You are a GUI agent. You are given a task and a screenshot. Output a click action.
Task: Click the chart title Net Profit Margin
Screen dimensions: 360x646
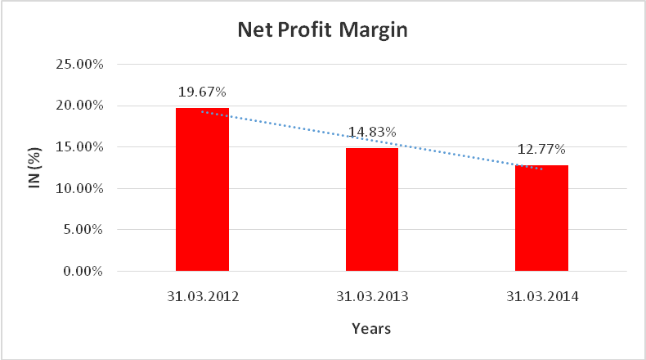pyautogui.click(x=322, y=31)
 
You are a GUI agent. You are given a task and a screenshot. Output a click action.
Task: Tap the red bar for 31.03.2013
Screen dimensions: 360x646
pyautogui.click(x=371, y=209)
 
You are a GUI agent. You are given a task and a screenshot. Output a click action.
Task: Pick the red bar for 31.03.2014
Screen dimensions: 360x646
pyautogui.click(x=541, y=218)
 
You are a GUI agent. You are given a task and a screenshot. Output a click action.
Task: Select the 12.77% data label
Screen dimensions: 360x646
pyautogui.click(x=541, y=150)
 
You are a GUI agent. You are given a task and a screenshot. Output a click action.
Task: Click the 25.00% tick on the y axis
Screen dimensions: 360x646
pyautogui.click(x=79, y=64)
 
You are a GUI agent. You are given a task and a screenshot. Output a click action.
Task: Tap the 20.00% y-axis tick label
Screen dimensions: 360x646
pyautogui.click(x=79, y=106)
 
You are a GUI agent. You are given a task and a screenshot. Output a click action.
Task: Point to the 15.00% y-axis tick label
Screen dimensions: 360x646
pyautogui.click(x=79, y=147)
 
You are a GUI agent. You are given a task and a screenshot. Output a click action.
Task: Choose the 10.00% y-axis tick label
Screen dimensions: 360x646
pyautogui.click(x=79, y=189)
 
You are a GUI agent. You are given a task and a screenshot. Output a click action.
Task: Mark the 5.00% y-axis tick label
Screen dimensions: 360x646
pyautogui.click(x=82, y=230)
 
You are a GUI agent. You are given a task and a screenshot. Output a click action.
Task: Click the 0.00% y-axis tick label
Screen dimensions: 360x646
pyautogui.click(x=82, y=272)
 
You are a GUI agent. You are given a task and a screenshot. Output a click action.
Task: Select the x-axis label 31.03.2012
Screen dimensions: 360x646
pyautogui.click(x=202, y=295)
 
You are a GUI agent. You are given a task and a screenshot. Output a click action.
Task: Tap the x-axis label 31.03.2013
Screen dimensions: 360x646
pyautogui.click(x=371, y=295)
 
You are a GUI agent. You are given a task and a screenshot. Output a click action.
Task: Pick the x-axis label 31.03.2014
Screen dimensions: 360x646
pyautogui.click(x=541, y=295)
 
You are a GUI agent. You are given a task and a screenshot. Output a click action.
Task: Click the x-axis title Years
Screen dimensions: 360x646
pyautogui.click(x=371, y=329)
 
